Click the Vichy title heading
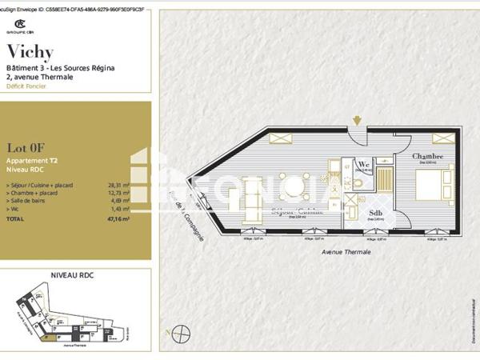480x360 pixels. [x=30, y=52]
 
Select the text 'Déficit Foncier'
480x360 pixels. [x=26, y=86]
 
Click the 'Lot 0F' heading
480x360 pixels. [x=25, y=146]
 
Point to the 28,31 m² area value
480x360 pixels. [x=118, y=185]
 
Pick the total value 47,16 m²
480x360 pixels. [x=118, y=218]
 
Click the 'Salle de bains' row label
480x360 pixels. [x=29, y=201]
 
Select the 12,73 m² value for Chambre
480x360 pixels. [x=118, y=193]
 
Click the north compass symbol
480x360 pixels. [x=183, y=331]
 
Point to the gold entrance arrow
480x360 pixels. [x=357, y=121]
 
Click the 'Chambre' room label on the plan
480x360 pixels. [x=429, y=157]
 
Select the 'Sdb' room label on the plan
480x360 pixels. [x=376, y=213]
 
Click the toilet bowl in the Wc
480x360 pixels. [x=358, y=182]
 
